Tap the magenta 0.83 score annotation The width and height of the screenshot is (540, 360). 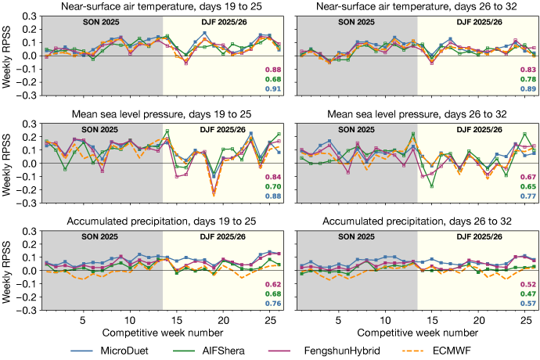(x=527, y=70)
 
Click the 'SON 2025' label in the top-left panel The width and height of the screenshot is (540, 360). (x=104, y=19)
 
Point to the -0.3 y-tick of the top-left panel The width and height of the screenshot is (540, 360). (x=23, y=95)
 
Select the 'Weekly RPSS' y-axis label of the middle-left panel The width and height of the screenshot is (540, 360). (x=7, y=164)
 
